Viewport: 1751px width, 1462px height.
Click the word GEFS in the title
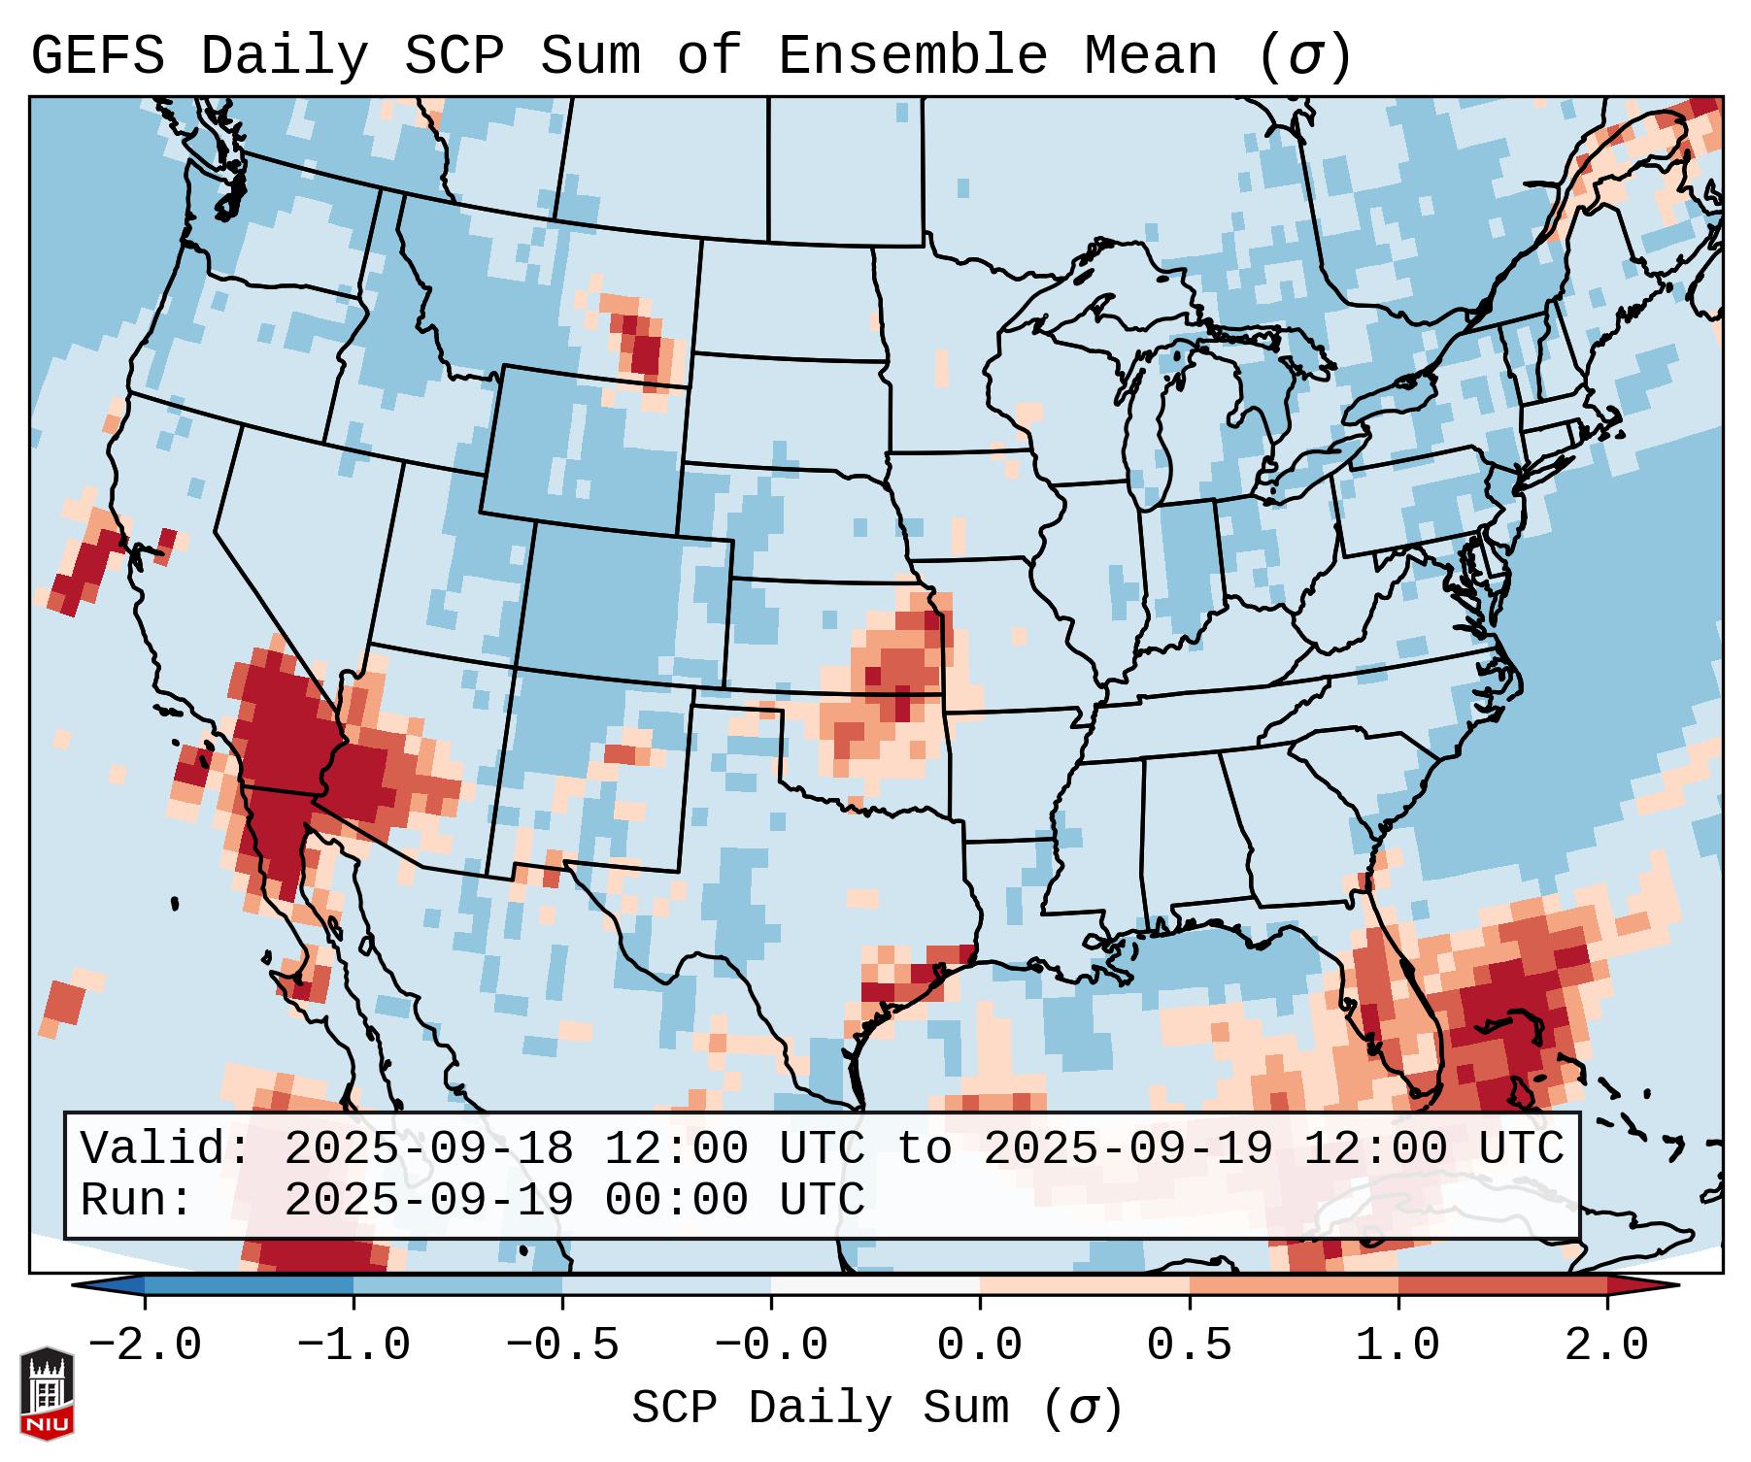click(97, 56)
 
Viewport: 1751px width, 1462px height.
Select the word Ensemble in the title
click(912, 56)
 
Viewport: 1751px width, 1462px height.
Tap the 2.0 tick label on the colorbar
click(1606, 1346)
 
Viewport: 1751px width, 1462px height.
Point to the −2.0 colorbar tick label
click(145, 1346)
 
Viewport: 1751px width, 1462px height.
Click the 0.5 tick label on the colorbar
click(1189, 1346)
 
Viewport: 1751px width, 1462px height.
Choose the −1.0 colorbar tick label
click(354, 1346)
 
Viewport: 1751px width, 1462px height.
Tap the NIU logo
click(47, 1393)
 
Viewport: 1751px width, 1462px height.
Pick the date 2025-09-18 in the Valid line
click(428, 1149)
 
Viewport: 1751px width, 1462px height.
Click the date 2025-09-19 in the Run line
click(428, 1201)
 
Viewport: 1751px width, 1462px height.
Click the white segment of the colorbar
click(875, 1285)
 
